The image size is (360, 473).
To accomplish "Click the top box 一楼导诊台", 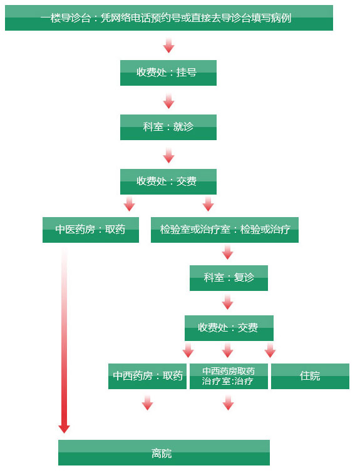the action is click(169, 18).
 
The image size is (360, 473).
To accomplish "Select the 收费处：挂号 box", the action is click(168, 73).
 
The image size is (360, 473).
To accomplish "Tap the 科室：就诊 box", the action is click(168, 127).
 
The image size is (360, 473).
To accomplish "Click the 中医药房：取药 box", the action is click(91, 230).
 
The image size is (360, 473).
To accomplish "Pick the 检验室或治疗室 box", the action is click(225, 230).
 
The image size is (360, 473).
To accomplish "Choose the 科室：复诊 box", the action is click(229, 278).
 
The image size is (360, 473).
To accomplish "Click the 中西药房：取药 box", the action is click(147, 376).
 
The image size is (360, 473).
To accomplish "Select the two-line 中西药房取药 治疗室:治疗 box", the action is click(229, 376).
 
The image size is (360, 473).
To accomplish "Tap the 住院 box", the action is click(310, 376).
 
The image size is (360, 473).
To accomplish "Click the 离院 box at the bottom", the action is click(164, 452).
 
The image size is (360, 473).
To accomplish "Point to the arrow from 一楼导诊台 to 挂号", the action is click(168, 45).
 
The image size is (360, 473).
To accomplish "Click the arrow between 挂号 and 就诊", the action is click(168, 101).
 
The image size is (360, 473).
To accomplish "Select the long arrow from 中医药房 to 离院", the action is click(64, 340).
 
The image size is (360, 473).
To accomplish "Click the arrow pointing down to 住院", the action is click(270, 350).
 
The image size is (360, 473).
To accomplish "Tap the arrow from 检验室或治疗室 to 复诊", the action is click(227, 252).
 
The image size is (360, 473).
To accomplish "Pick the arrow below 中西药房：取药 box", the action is click(147, 403).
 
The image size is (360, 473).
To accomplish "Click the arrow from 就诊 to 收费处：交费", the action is click(168, 155).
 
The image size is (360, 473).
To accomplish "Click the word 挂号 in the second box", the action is click(187, 73).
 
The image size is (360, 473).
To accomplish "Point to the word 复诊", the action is click(244, 277).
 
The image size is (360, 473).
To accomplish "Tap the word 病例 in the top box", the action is click(281, 18).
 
